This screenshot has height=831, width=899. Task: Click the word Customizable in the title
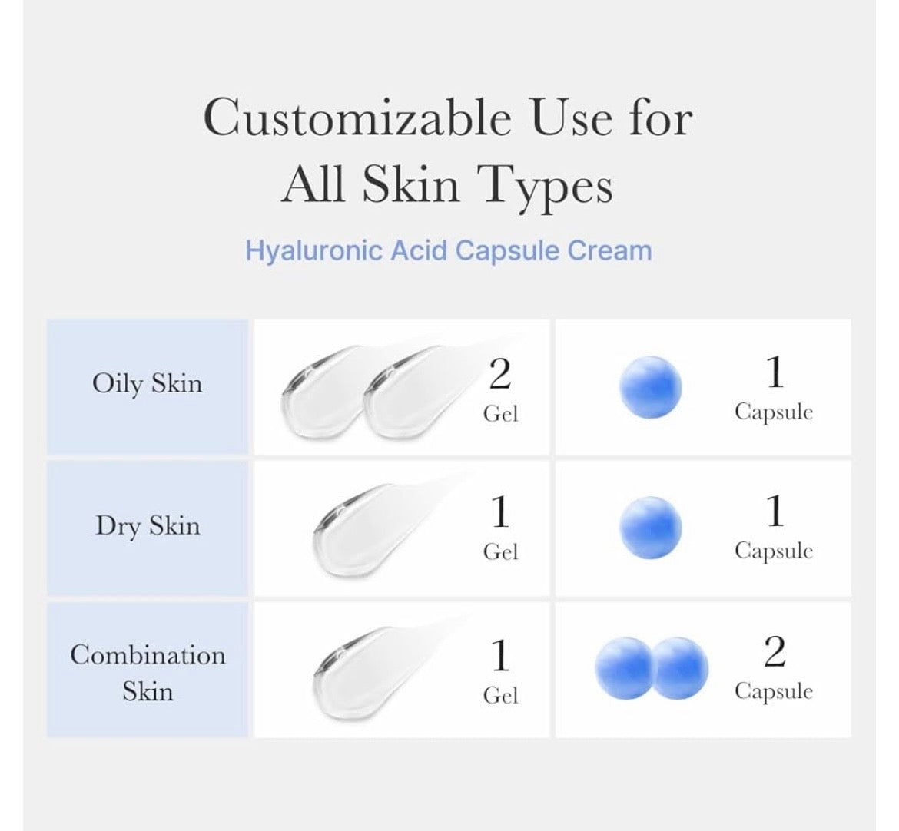[x=357, y=118]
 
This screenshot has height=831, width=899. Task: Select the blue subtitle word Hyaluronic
[x=313, y=252]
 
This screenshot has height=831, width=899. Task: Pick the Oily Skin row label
[x=148, y=383]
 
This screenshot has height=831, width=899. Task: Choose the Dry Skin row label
[x=148, y=525]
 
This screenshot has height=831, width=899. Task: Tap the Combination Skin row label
[x=148, y=673]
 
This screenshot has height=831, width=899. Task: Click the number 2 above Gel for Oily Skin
[x=500, y=375]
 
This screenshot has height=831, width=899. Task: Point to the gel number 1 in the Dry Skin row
[x=500, y=512]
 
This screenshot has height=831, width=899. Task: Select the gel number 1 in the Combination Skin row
[x=500, y=655]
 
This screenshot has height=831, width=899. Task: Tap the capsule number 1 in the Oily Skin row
[x=775, y=372]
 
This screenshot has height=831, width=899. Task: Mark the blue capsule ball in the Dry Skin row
[x=651, y=528]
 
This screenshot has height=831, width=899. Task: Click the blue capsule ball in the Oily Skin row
[x=651, y=387]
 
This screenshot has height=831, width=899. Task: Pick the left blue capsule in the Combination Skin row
[x=625, y=668]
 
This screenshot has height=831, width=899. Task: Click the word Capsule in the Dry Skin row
[x=774, y=551]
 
